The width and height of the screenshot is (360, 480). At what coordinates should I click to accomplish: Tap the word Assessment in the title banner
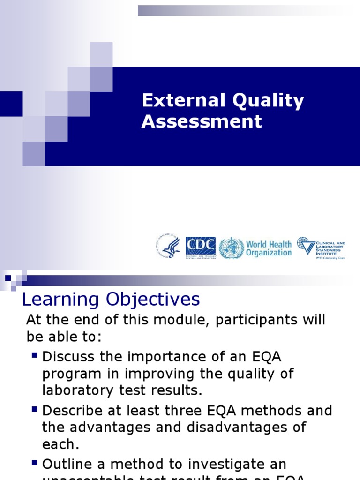pyautogui.click(x=202, y=121)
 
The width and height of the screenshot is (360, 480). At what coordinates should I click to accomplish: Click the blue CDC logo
pyautogui.click(x=201, y=247)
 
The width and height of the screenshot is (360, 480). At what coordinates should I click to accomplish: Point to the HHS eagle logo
pyautogui.click(x=168, y=247)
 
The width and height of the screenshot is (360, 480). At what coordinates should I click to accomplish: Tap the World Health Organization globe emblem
pyautogui.click(x=231, y=247)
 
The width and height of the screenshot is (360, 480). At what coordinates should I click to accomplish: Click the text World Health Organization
pyautogui.click(x=269, y=248)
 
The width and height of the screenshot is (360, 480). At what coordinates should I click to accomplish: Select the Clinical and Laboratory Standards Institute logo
pyautogui.click(x=321, y=247)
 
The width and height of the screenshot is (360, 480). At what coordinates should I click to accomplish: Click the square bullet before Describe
pyautogui.click(x=34, y=409)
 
